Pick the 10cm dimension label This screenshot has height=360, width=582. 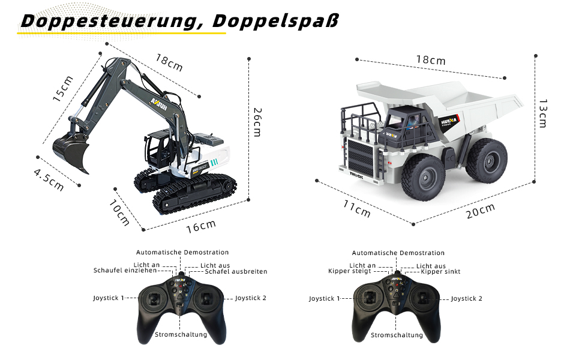[x=119, y=212]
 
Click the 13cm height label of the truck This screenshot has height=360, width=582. [x=543, y=113]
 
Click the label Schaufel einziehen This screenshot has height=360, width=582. [x=125, y=271]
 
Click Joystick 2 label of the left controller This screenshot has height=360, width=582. [x=251, y=298]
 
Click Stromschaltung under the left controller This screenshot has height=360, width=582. [x=181, y=335]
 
